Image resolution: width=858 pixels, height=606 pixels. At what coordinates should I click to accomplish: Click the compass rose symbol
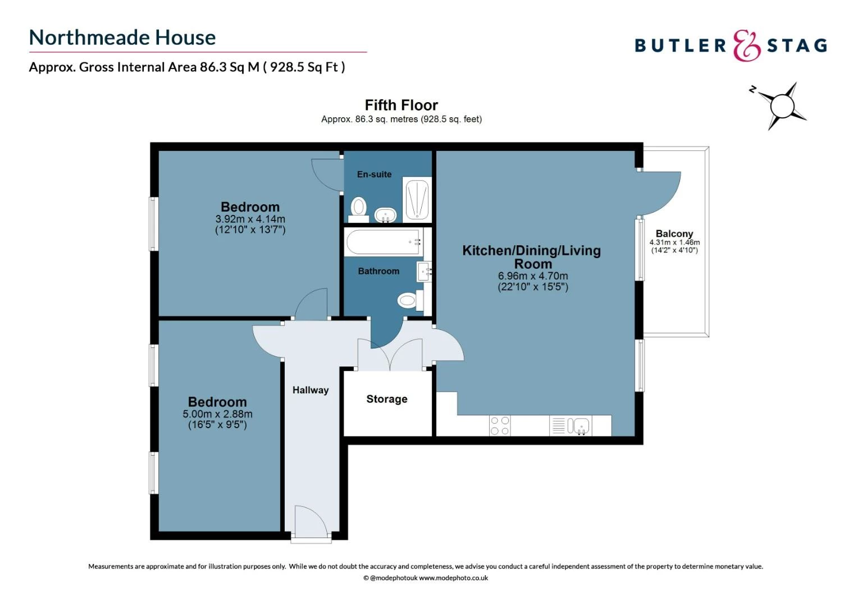(782, 105)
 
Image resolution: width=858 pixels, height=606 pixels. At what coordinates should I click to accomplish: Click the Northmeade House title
(122, 38)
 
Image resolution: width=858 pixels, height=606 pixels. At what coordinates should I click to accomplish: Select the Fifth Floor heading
(401, 105)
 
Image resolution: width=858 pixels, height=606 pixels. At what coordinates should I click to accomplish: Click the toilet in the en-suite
(358, 208)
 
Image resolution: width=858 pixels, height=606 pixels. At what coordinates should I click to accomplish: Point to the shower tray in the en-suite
(417, 200)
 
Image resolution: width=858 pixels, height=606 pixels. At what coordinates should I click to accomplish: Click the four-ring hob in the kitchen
(500, 425)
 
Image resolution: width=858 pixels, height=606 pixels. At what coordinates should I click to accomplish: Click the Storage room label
(387, 399)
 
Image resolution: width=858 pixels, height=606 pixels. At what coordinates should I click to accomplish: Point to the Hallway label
(311, 390)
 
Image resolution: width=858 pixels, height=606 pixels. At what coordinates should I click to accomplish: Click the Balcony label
(674, 233)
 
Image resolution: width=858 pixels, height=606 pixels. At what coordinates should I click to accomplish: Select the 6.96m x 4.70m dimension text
(533, 276)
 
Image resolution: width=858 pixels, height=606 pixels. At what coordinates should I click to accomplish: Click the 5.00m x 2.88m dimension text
(217, 414)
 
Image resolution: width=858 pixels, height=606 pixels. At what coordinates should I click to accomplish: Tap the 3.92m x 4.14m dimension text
(250, 219)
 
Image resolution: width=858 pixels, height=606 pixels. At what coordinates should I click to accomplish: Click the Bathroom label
(378, 271)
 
